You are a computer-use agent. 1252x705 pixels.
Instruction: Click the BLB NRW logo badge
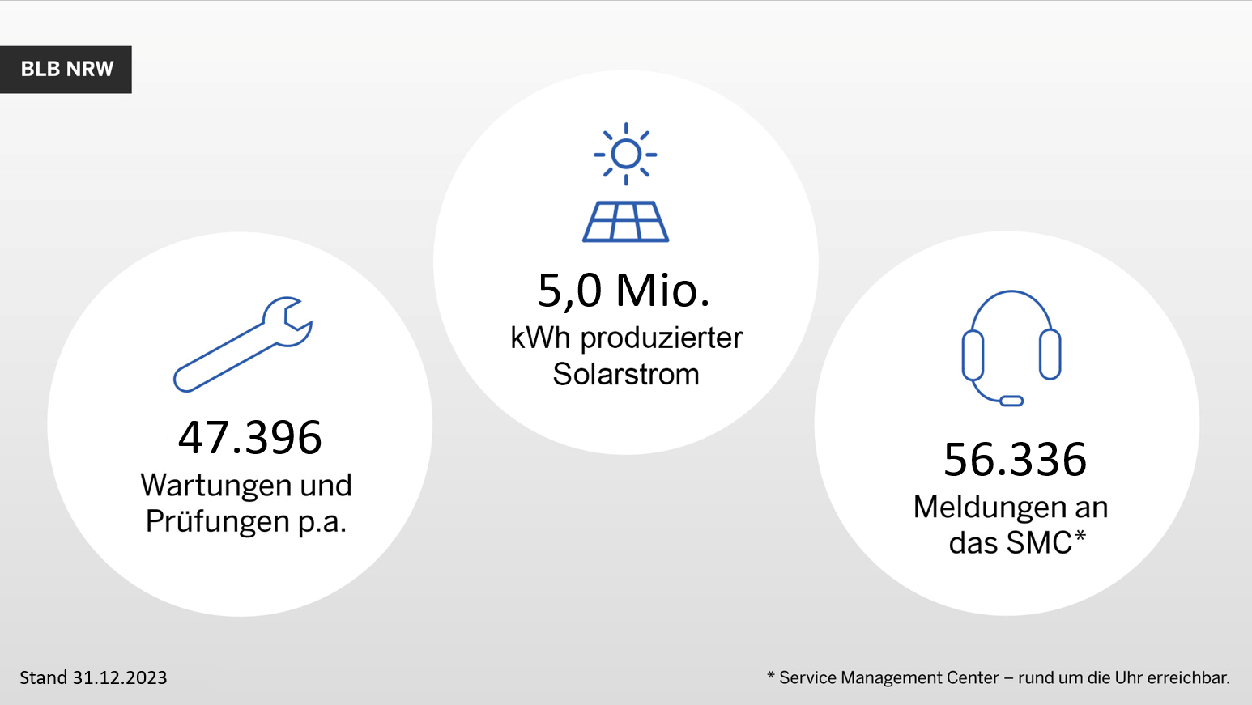(x=66, y=70)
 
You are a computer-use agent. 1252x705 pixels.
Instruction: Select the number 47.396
(x=250, y=437)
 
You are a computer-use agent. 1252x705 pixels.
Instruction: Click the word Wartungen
(x=217, y=485)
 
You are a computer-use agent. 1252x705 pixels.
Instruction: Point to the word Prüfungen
(x=217, y=522)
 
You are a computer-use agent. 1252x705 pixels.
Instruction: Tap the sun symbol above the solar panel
(x=625, y=154)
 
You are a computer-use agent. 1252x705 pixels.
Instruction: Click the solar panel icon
(x=625, y=222)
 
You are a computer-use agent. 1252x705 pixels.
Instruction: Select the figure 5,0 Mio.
(x=624, y=291)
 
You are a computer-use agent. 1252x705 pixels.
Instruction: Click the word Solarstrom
(x=626, y=374)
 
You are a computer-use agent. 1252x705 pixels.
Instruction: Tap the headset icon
(x=1011, y=348)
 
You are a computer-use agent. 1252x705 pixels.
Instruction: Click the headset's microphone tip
(x=1011, y=401)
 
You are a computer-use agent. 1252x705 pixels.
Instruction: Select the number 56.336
(x=1015, y=460)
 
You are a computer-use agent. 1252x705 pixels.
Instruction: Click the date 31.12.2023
(x=120, y=677)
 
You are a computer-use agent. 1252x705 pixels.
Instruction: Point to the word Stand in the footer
(x=44, y=677)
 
